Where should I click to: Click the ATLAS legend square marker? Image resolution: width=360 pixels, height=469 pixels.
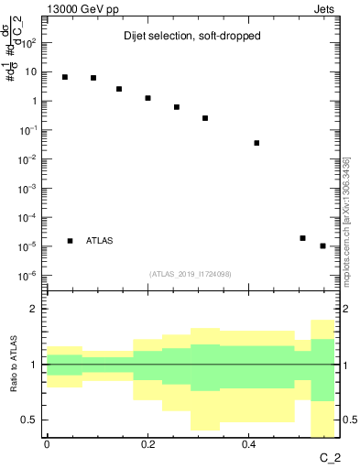(x=71, y=241)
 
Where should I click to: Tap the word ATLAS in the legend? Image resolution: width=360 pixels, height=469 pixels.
(x=100, y=241)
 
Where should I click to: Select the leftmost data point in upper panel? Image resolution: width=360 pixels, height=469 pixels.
(x=65, y=77)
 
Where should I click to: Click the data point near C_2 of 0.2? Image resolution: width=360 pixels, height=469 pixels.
(x=147, y=98)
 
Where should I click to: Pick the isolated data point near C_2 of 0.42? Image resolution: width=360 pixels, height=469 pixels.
(x=256, y=143)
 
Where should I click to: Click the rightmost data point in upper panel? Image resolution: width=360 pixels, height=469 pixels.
(x=322, y=245)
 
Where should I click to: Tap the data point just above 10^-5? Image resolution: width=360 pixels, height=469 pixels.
(x=302, y=238)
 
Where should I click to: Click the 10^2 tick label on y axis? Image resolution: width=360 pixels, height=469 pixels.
(x=29, y=43)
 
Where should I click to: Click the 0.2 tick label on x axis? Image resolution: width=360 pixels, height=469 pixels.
(x=147, y=445)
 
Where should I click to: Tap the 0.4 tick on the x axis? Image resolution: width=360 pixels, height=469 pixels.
(x=248, y=445)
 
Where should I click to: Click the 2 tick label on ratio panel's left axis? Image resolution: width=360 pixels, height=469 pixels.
(x=34, y=309)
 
